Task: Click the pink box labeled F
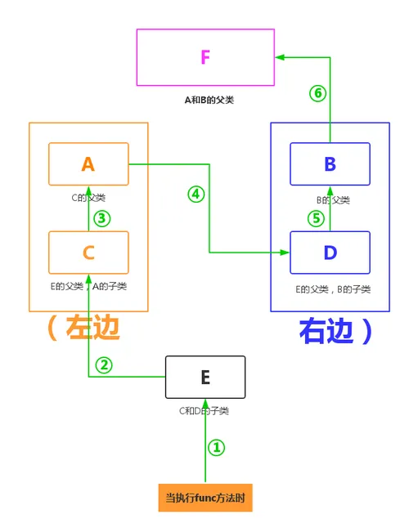205,57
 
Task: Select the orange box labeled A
88,163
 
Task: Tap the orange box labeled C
88,252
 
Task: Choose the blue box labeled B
330,163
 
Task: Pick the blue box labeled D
330,252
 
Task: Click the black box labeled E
205,376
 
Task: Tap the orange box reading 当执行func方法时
205,497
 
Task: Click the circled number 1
217,447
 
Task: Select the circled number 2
103,365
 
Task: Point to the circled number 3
101,218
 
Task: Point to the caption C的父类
88,197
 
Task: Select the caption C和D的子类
205,410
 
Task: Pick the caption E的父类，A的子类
88,286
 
